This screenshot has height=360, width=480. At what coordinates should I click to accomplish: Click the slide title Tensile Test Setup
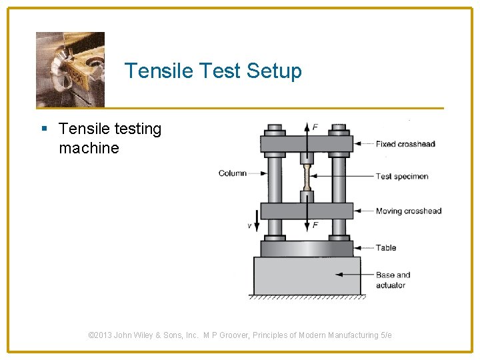coord(213,71)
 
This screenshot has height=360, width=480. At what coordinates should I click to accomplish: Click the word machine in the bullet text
coord(89,148)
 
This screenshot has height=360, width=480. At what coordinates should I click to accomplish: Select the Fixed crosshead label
coord(405,144)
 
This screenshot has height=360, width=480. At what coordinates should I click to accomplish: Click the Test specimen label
coord(401,177)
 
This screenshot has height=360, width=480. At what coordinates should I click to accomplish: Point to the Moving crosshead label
coord(408,211)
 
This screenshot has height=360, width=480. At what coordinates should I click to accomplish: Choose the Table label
coord(385,248)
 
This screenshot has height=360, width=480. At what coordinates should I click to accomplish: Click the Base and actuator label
coord(392,280)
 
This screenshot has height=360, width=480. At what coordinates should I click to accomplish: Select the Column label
coord(232,173)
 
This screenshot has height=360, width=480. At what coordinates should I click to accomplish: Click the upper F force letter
coord(315,127)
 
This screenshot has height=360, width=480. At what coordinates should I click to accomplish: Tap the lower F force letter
coord(315,225)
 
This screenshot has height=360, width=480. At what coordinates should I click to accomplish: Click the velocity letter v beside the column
coord(249,226)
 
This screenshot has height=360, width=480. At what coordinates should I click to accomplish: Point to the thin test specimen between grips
coord(307,177)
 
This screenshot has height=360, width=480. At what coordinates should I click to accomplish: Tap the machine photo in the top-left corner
coord(70,69)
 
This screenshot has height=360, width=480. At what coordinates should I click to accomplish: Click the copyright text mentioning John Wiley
coord(240,335)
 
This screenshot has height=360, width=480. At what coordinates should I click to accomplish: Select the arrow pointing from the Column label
coord(257,173)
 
